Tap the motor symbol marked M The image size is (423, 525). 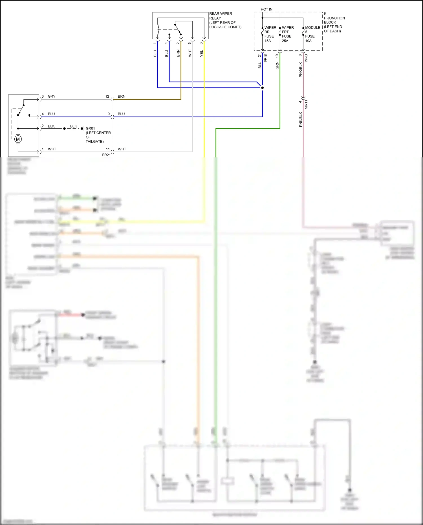(x=18, y=139)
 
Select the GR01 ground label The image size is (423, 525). (x=90, y=128)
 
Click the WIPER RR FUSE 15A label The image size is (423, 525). (x=270, y=34)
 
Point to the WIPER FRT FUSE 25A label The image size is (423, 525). (x=287, y=34)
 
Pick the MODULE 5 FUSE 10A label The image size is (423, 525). (x=312, y=34)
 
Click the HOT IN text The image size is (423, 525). (x=266, y=9)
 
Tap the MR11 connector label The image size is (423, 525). (x=306, y=104)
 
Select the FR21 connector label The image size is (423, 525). (x=106, y=155)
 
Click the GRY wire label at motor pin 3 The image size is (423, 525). (x=52, y=96)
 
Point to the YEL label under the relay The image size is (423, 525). (x=201, y=54)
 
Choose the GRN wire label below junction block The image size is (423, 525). (x=277, y=66)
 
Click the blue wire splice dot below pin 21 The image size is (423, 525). (x=263, y=88)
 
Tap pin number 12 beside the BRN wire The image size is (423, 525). (x=107, y=96)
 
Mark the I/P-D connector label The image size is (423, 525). (x=306, y=58)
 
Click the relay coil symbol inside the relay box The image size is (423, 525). (x=158, y=30)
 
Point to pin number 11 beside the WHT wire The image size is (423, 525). (x=108, y=149)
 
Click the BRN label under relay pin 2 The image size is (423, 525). (x=178, y=53)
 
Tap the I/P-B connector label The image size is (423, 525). (x=265, y=58)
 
